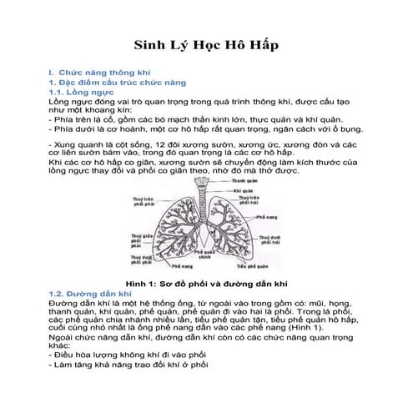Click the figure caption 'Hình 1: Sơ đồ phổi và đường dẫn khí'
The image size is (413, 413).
(x=206, y=285)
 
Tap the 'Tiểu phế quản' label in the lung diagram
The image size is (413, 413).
(x=251, y=266)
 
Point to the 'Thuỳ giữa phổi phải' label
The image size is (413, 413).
(x=141, y=240)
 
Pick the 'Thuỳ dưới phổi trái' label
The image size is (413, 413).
(x=274, y=240)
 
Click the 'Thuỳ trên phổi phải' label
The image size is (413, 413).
(x=144, y=204)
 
